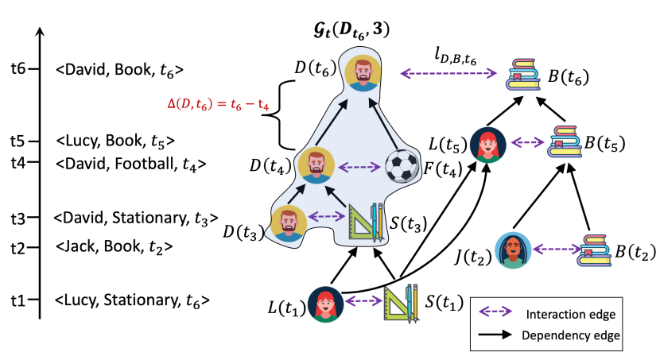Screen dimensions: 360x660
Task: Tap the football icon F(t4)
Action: pos(401,168)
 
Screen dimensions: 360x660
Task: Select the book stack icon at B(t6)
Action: pos(526,75)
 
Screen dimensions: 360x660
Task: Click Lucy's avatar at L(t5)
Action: pos(485,145)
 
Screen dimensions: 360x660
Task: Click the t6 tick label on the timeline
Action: pos(16,69)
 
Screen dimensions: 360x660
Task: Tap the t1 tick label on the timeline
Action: pos(16,300)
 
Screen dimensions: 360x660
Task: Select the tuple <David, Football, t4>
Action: pos(132,165)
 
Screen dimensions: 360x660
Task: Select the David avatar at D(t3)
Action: pos(289,223)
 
